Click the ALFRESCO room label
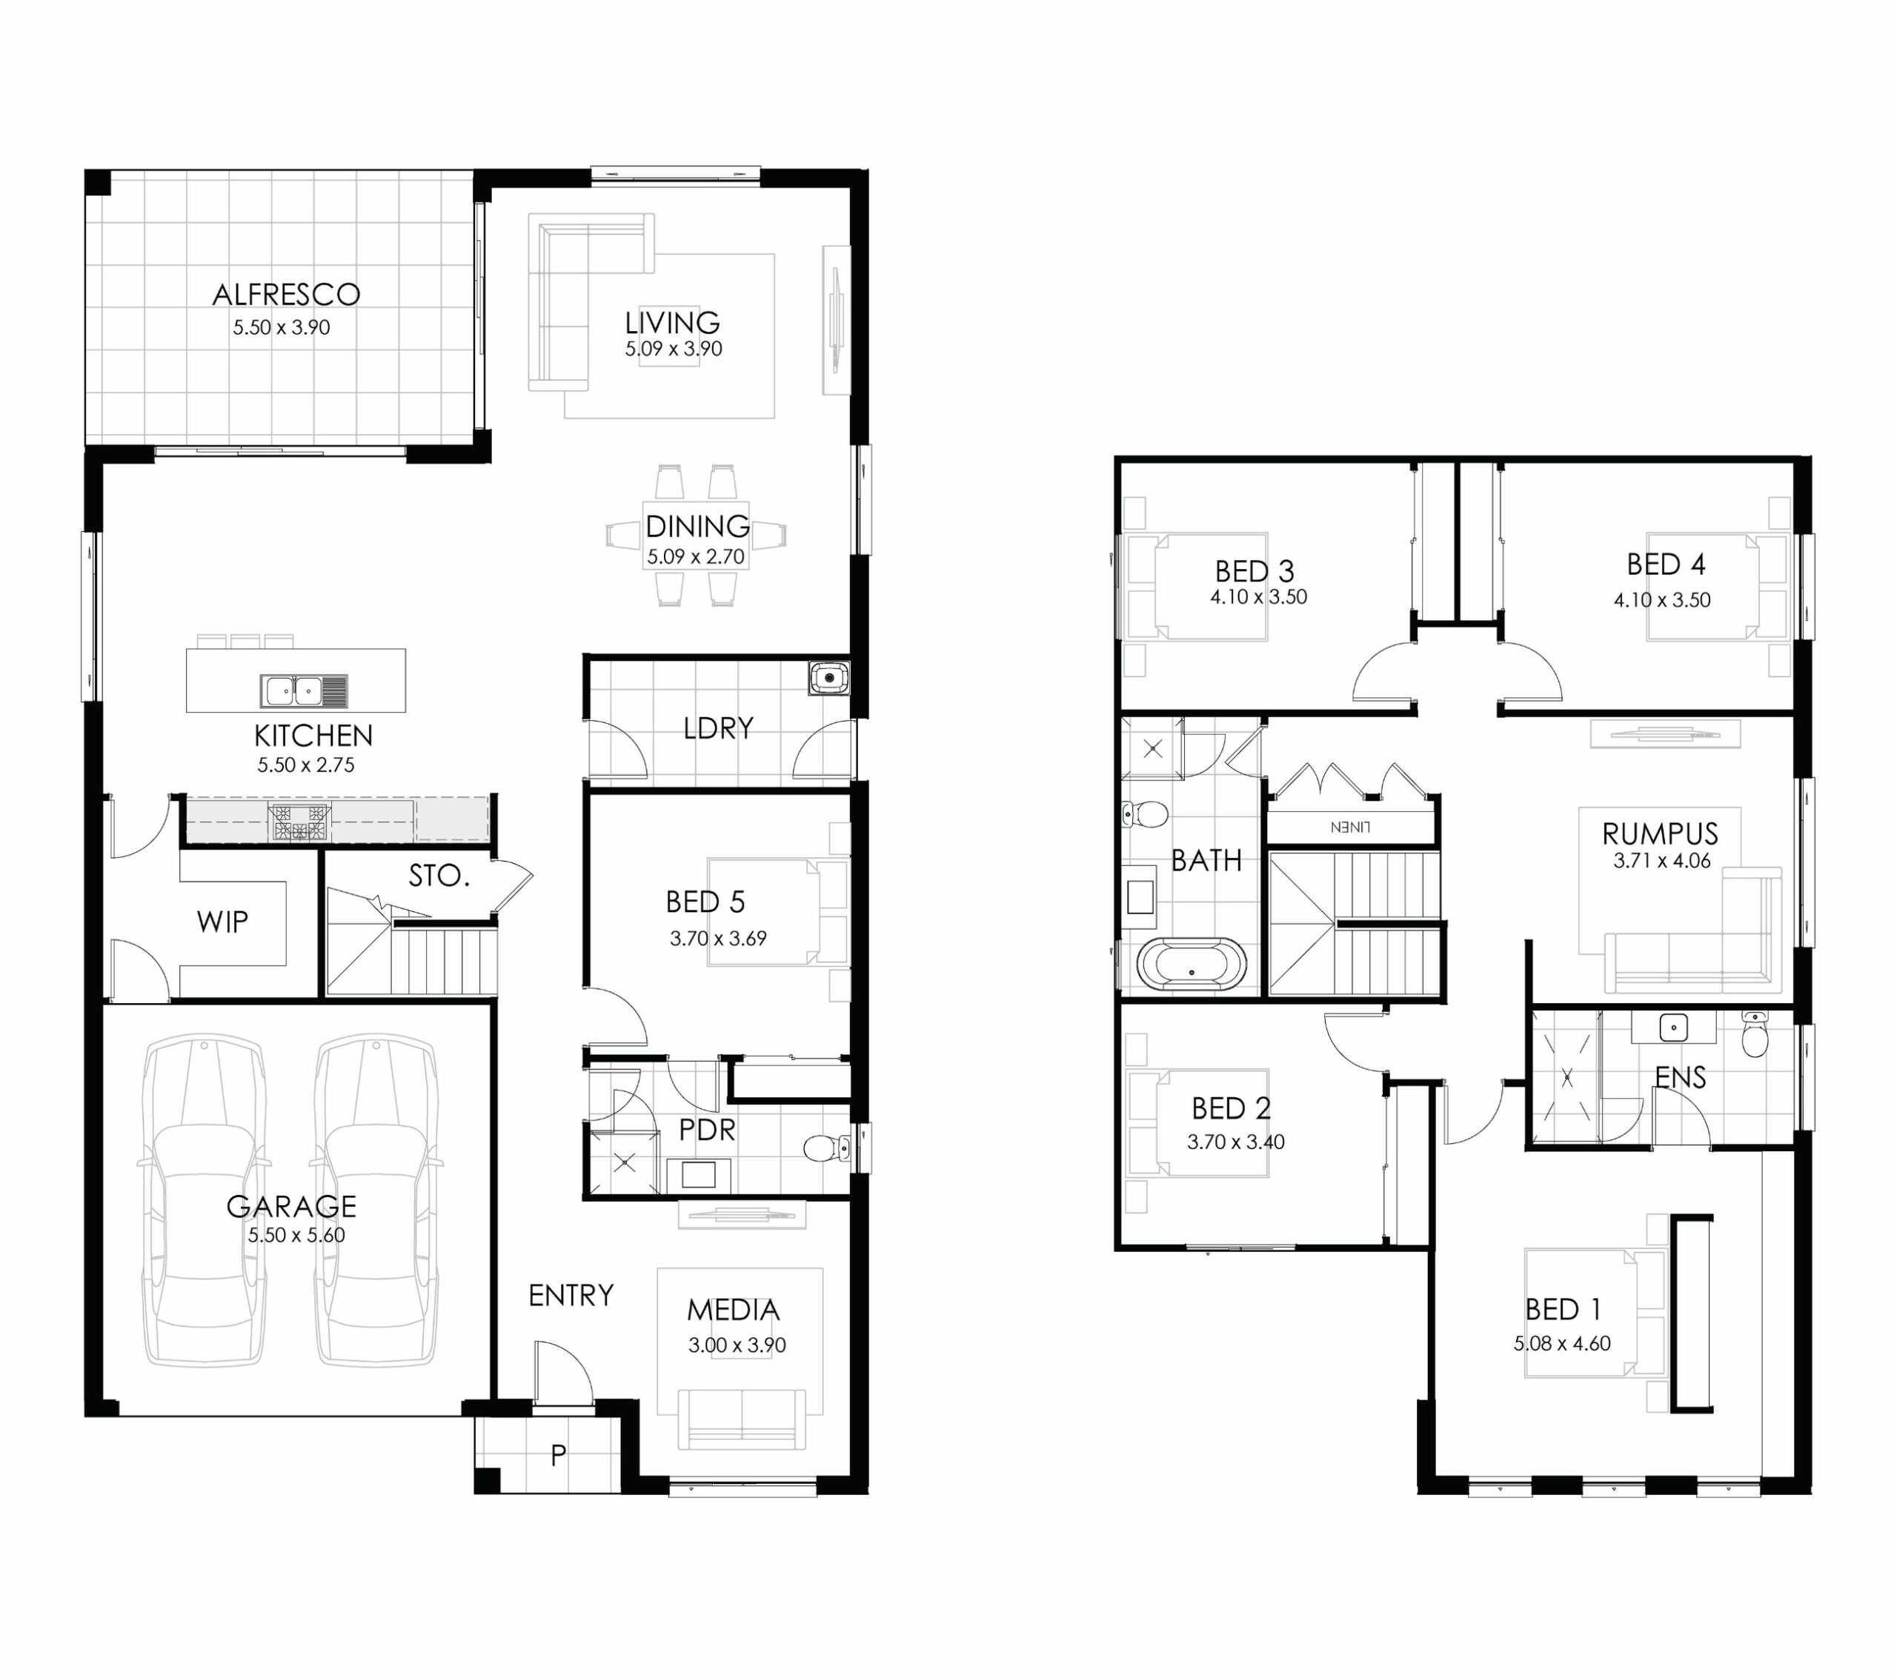click(x=286, y=294)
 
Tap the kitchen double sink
click(x=304, y=690)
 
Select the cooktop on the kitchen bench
click(x=299, y=822)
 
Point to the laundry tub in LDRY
click(x=828, y=678)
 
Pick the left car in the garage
click(x=205, y=1200)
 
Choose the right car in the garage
click(x=376, y=1200)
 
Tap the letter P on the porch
click(x=558, y=1455)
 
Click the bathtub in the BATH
click(x=1192, y=965)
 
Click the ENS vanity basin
click(x=1673, y=1028)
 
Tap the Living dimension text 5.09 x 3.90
click(x=673, y=349)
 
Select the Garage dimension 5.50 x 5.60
click(x=296, y=1235)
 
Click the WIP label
click(x=223, y=922)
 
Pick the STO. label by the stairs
click(x=439, y=875)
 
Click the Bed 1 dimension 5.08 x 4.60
click(x=1562, y=1343)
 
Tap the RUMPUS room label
click(x=1659, y=833)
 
